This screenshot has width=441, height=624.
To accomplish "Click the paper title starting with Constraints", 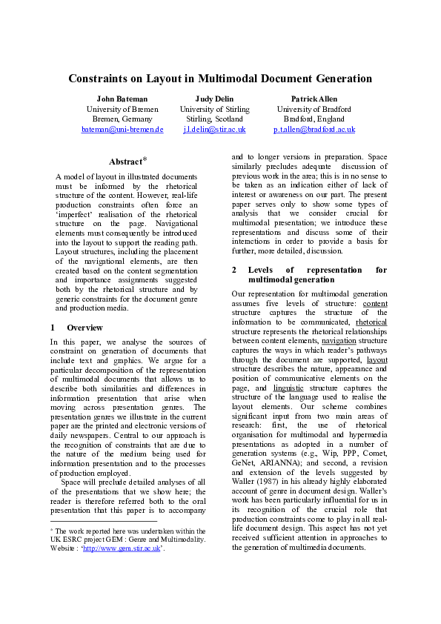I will [220, 79].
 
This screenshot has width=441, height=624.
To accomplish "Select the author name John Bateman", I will [122, 99].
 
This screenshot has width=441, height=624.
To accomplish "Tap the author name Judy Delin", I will [214, 99].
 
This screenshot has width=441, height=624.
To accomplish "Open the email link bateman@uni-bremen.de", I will [122, 129].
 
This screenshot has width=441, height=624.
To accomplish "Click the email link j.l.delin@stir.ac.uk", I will [214, 129].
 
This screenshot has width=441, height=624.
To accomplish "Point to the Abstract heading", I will [125, 162].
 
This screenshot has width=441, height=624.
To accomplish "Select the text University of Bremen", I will [122, 109].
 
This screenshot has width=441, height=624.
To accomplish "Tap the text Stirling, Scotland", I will [214, 119].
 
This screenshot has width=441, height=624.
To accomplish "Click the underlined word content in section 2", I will [375, 303].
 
